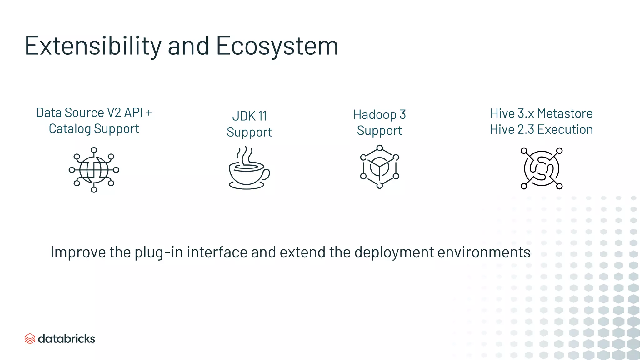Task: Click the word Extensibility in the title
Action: pyautogui.click(x=93, y=46)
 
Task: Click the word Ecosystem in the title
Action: pyautogui.click(x=277, y=46)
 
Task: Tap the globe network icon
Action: pyautogui.click(x=94, y=170)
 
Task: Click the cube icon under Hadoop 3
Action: pyautogui.click(x=379, y=167)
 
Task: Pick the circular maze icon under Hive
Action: pyautogui.click(x=541, y=168)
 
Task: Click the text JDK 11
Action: pyautogui.click(x=249, y=116)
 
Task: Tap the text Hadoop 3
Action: pyautogui.click(x=379, y=115)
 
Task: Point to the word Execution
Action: pyautogui.click(x=565, y=129)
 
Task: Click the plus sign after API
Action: pyautogui.click(x=149, y=113)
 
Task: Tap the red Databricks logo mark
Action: pyautogui.click(x=30, y=339)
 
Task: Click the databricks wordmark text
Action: pyautogui.click(x=66, y=339)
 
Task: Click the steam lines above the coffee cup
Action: pyautogui.click(x=245, y=155)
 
